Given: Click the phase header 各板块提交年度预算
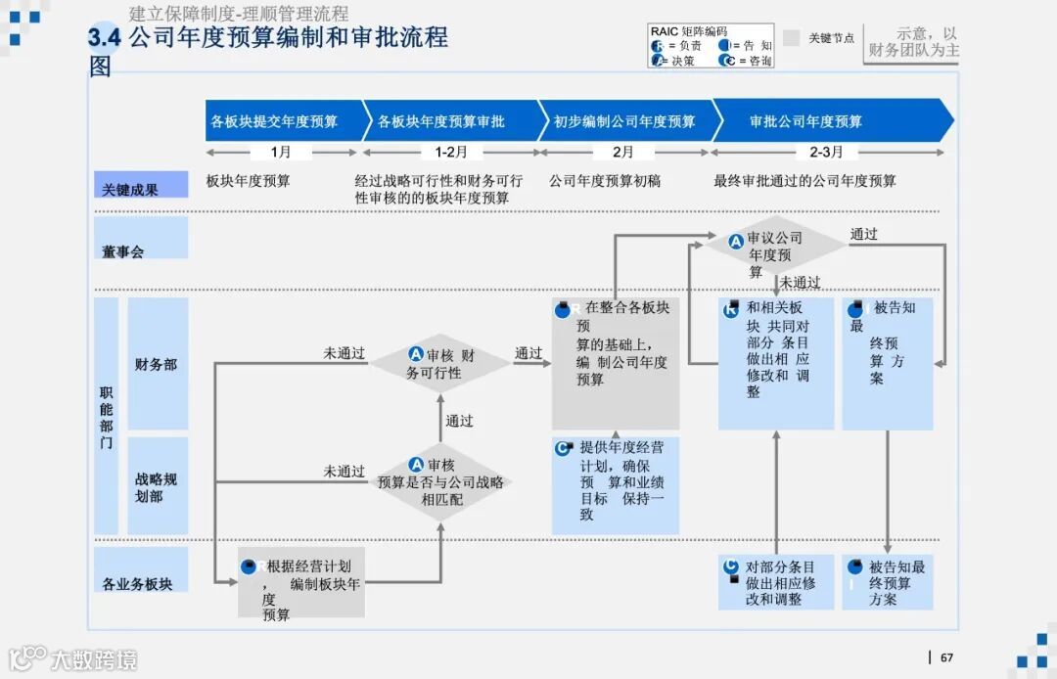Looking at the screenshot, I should pos(274,121).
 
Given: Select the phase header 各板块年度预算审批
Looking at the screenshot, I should pos(441,121).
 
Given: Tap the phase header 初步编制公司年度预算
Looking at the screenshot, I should pos(624,121).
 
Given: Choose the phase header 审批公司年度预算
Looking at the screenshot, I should pos(805,121).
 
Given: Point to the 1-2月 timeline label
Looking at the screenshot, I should pos(451,152).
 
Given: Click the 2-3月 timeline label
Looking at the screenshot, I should pos(826,152).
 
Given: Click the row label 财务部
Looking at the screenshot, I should pos(157,364).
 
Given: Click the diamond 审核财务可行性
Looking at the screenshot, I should pos(440,364).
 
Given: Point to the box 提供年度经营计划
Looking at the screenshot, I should pos(616,485).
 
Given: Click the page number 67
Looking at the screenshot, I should pos(946,657).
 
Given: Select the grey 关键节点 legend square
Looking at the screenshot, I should pos(792,38).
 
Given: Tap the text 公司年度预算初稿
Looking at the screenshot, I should pos(605,181).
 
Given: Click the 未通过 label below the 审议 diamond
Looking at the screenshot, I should pos(800,283).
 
